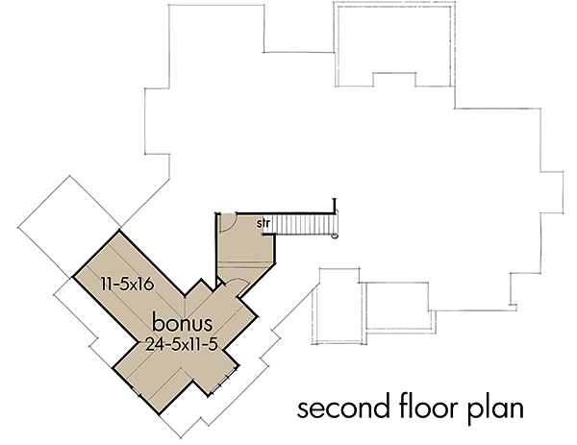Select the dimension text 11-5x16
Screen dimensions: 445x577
[132, 284]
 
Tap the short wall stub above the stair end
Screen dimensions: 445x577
[335, 207]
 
